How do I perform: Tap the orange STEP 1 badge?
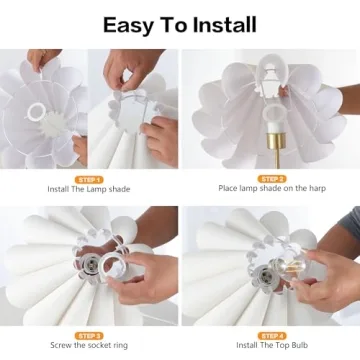[x=88, y=178]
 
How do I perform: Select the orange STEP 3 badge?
[x=88, y=335]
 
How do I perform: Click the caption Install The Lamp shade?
[x=88, y=188]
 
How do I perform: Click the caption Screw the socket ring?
[x=88, y=346]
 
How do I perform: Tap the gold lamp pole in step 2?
[x=269, y=150]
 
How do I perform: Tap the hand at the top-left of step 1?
[x=42, y=60]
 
